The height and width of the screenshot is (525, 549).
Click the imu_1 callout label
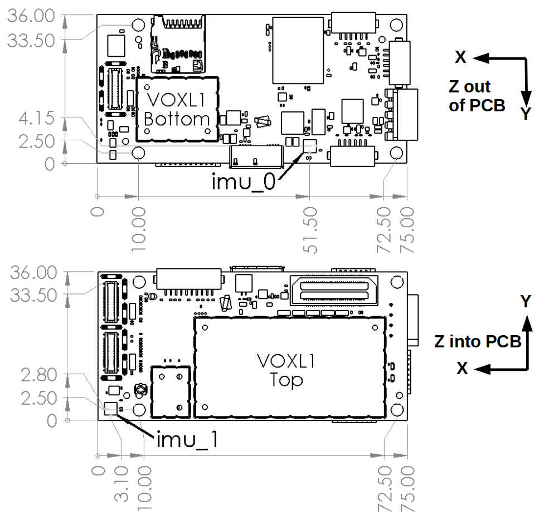[x=188, y=440]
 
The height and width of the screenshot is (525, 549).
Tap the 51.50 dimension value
[x=310, y=230]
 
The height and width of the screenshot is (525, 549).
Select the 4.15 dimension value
[x=36, y=118]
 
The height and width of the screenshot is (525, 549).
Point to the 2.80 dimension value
[x=39, y=375]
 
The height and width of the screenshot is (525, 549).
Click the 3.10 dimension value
[x=122, y=484]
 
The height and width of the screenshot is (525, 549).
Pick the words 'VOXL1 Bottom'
[x=177, y=110]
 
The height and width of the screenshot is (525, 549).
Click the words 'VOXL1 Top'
[x=286, y=370]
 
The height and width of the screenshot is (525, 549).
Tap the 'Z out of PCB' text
[x=477, y=96]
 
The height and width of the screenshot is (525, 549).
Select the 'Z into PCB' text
[x=478, y=342]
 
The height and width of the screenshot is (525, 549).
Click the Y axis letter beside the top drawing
[x=526, y=114]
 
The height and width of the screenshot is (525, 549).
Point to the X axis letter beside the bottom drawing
[x=462, y=368]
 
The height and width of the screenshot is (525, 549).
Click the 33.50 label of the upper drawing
[x=31, y=41]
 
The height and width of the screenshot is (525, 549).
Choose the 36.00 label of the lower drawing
[x=33, y=272]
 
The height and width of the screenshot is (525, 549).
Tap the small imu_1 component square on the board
[x=111, y=408]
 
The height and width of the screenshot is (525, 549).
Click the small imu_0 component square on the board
[x=309, y=146]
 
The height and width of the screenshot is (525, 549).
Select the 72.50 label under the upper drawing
[x=383, y=230]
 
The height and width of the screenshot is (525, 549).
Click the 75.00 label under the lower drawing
[x=407, y=489]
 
